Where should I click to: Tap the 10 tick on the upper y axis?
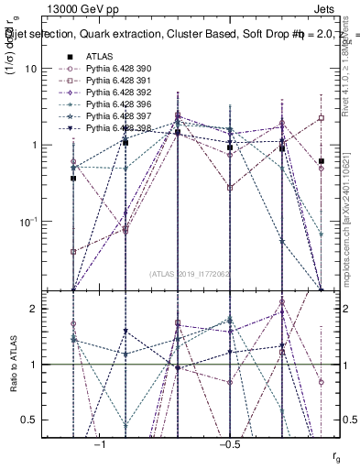coord(31,69)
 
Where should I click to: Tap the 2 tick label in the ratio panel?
coord(33,309)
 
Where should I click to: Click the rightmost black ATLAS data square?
coord(321,161)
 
